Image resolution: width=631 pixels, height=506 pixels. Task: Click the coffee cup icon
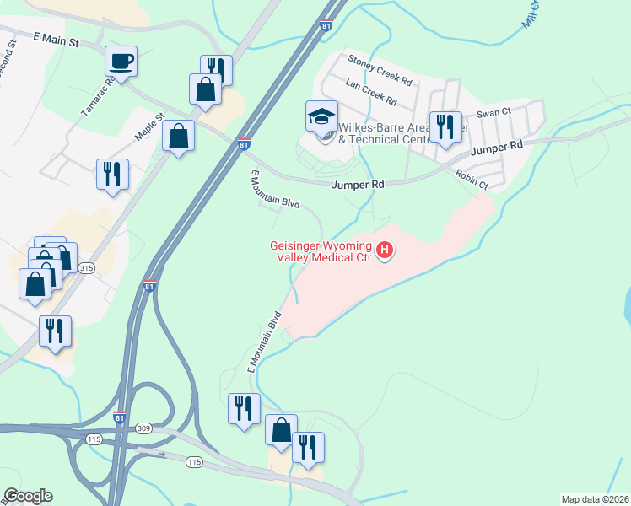click(x=121, y=62)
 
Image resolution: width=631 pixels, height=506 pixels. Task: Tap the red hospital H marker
click(x=385, y=250)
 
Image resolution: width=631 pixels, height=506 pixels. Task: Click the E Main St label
click(x=57, y=39)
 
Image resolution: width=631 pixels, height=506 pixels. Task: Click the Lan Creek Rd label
click(x=371, y=92)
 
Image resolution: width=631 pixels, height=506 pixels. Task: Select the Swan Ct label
click(x=494, y=112)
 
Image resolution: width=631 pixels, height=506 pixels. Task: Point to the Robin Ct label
click(x=472, y=179)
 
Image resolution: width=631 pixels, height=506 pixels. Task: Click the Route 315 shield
click(x=86, y=268)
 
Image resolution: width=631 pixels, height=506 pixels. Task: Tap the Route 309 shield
click(x=145, y=428)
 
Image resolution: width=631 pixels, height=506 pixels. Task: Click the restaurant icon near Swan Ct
click(x=445, y=127)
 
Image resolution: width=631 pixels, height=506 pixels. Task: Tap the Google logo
click(x=28, y=496)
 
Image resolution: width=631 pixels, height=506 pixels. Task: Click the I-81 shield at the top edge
click(x=326, y=26)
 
